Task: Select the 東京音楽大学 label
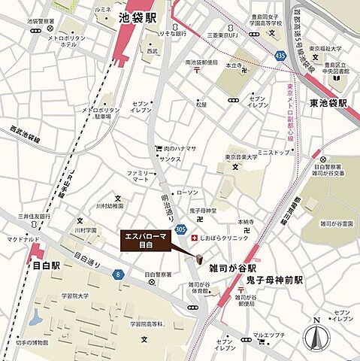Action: pos(248,157)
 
